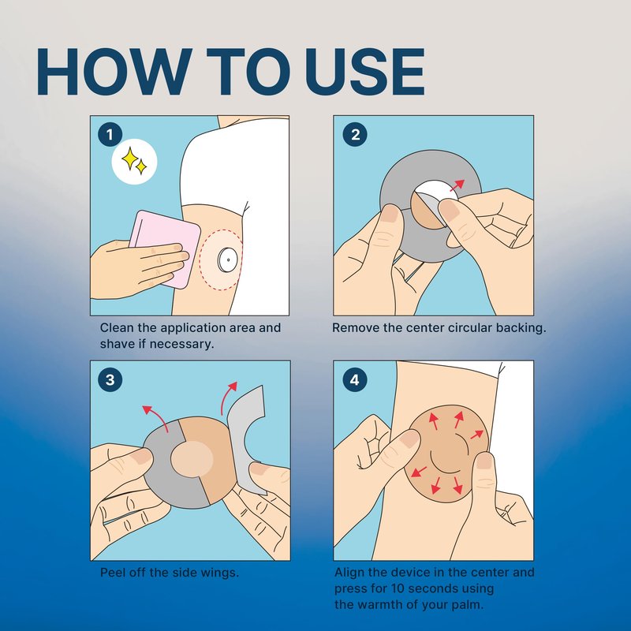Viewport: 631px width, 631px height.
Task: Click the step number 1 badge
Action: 110,134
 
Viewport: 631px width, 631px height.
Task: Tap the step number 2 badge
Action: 355,134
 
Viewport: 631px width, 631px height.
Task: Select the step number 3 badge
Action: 110,379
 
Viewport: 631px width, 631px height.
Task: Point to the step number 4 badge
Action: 355,379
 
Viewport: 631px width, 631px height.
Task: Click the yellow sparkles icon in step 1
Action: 134,161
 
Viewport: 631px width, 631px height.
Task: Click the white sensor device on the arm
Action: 227,260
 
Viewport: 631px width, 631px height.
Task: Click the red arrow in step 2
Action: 457,185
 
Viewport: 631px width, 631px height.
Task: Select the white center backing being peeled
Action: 437,192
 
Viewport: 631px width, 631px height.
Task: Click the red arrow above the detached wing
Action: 228,398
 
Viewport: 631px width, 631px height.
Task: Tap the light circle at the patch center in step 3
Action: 192,459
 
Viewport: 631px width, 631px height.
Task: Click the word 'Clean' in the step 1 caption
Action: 117,327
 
